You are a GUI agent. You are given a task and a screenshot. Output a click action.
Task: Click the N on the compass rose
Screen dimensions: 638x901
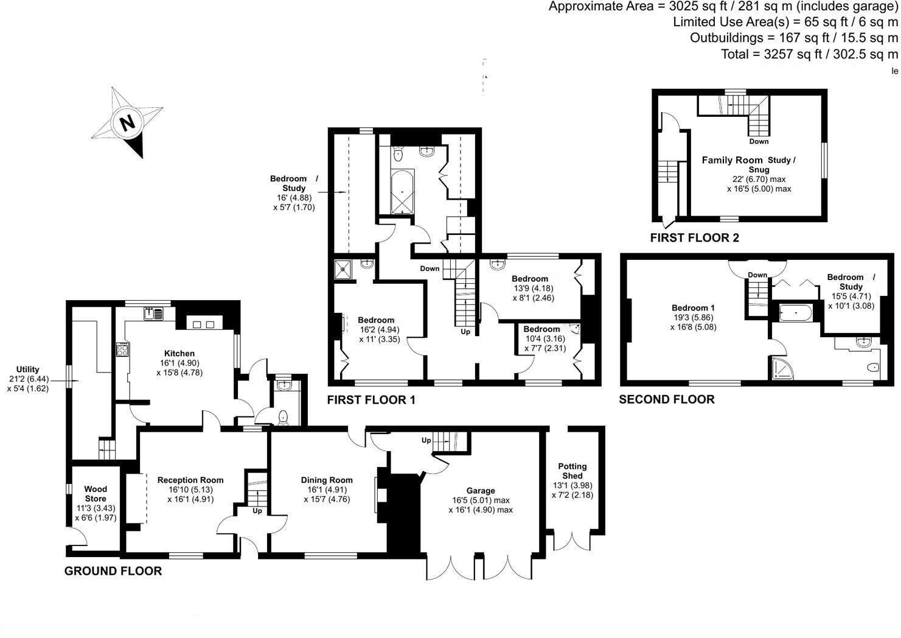coord(127,122)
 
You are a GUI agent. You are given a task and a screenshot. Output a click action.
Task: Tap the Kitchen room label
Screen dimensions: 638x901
coord(179,353)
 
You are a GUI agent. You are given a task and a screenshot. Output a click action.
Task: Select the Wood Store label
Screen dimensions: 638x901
coord(96,494)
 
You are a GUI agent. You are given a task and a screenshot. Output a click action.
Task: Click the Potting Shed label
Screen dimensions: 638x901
coord(572,471)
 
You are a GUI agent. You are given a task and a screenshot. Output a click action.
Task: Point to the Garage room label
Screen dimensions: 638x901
coord(481,491)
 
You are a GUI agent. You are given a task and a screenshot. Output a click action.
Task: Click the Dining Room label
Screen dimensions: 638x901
coord(327,480)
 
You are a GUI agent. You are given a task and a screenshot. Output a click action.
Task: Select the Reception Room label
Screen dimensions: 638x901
coord(190,480)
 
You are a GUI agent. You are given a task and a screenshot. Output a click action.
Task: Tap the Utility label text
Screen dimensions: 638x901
coord(27,370)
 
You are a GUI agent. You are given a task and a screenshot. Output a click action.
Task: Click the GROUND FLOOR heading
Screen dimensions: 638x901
coord(113,571)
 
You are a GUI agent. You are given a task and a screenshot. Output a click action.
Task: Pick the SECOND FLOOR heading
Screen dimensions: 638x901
coord(667,399)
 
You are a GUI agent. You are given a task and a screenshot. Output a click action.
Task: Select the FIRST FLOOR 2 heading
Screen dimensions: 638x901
coord(695,238)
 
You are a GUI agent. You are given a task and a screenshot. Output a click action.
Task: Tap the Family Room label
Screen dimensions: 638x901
coord(732,160)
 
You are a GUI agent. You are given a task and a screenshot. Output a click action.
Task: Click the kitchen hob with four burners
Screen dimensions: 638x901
coord(122,349)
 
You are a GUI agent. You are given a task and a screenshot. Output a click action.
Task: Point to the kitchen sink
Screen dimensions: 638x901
coord(152,314)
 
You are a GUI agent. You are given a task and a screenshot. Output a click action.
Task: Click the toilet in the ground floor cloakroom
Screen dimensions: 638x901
coord(283,418)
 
